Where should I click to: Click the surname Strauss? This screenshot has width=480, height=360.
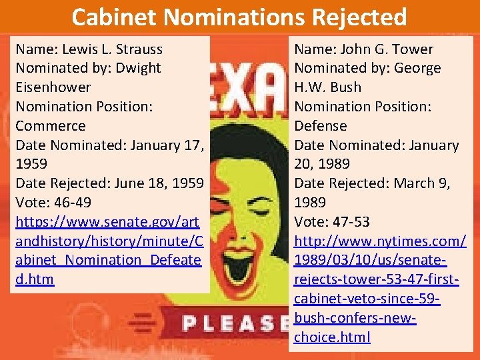click(139, 49)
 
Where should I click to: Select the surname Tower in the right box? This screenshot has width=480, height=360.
click(414, 49)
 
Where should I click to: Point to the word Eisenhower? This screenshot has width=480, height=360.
click(53, 87)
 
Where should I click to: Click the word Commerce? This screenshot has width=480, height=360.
click(51, 126)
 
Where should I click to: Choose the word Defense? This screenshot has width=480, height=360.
click(321, 126)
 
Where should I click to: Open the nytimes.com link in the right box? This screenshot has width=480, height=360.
click(380, 279)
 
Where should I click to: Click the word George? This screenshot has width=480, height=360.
click(417, 68)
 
